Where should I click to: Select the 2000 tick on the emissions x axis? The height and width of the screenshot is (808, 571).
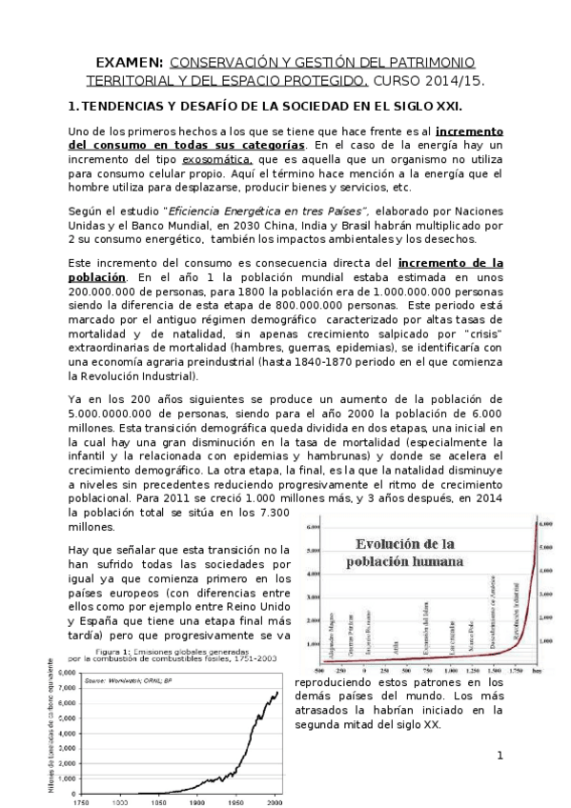pyautogui.click(x=275, y=802)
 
